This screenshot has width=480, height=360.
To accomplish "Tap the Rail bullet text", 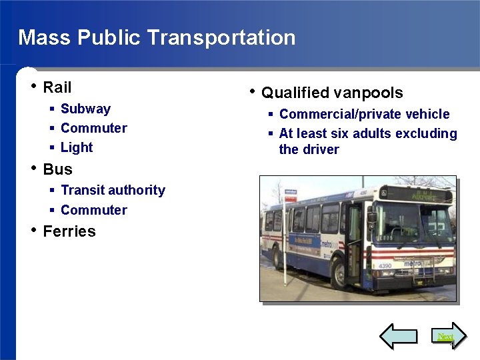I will coord(57,87).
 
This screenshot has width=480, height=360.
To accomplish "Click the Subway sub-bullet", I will coord(85,109).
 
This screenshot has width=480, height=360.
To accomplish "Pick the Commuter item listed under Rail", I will coord(93,128).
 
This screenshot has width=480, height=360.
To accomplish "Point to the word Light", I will coord(77,147).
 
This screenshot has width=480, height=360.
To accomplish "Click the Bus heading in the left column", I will coord(57,169).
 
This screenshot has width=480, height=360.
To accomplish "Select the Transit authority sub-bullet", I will coord(113,190).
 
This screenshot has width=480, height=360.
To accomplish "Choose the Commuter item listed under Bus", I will coord(93,210).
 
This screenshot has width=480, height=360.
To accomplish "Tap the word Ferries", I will coord(69,231).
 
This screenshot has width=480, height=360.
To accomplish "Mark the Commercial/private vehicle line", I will coord(364,114).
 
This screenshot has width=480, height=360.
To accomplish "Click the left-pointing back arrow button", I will coord(398,337).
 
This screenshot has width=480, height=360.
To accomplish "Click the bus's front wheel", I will coord(341,274).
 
